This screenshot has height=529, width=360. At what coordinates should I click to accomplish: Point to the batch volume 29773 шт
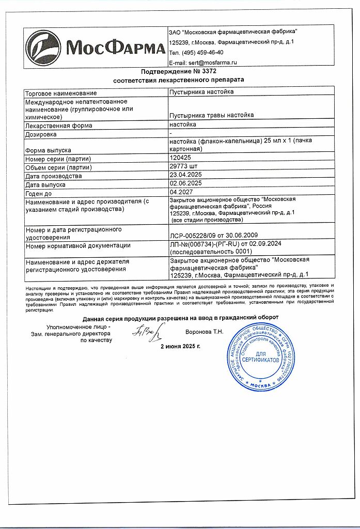coord(184,167)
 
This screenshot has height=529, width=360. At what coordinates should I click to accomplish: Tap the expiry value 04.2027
coord(181,192)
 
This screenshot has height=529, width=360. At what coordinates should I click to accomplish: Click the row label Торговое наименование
coord(61,93)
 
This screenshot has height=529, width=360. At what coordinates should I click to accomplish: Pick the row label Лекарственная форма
coord(59,126)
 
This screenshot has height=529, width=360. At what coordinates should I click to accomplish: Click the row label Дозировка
coord(41,134)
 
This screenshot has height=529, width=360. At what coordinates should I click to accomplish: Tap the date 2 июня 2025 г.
coord(180,346)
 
